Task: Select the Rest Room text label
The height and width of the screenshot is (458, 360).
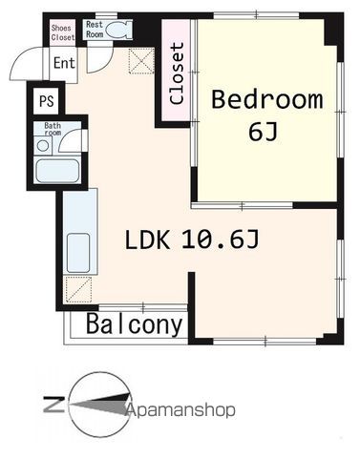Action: pos(95,28)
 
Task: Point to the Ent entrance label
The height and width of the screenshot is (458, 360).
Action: pos(63,64)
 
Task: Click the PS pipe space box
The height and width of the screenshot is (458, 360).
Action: pos(46,99)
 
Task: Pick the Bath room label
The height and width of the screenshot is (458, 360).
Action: pos(52,130)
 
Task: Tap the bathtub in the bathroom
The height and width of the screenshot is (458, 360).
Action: pos(57,172)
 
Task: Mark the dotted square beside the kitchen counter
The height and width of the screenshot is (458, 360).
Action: pos(80,288)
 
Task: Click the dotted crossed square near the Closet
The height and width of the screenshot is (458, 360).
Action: pos(142,63)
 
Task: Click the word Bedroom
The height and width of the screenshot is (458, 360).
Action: pos(266,99)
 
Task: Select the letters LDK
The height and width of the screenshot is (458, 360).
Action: pos(148,240)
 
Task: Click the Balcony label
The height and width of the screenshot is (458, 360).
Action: pos(135,324)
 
